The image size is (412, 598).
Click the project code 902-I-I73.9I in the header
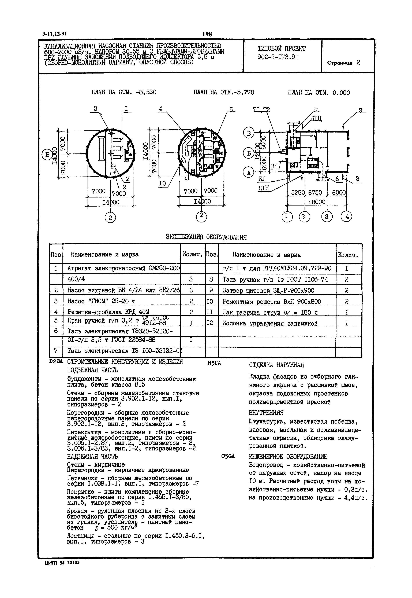278,57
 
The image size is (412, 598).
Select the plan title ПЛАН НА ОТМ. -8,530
124,92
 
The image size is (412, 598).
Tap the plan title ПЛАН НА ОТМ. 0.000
319,93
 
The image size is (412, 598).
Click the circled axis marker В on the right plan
249,133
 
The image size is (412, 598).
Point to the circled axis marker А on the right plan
249,173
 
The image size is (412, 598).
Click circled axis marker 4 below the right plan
347,217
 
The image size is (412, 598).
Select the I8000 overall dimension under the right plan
317,202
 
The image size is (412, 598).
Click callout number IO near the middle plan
163,183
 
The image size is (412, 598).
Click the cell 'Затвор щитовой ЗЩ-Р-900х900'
268,291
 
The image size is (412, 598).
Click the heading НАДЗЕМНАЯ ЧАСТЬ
92,456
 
